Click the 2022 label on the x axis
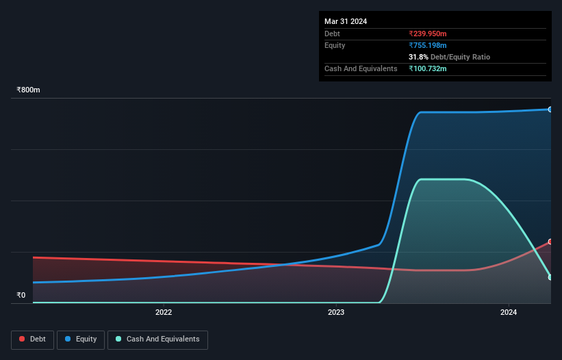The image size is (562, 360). (164, 312)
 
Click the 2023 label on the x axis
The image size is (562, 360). (336, 312)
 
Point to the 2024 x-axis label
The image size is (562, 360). (509, 312)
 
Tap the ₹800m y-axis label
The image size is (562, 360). (29, 90)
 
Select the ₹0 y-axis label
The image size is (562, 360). (21, 296)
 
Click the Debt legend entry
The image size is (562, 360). (32, 339)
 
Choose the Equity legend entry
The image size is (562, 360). (81, 339)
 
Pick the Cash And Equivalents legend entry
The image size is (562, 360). (157, 339)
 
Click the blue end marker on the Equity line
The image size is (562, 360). (550, 110)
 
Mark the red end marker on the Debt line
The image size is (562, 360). (550, 242)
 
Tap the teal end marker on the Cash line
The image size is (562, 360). (550, 277)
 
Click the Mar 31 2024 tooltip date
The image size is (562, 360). (346, 21)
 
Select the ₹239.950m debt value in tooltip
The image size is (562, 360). (428, 34)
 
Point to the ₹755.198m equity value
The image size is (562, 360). (428, 45)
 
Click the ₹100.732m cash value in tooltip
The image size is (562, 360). (428, 68)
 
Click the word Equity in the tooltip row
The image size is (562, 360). (335, 45)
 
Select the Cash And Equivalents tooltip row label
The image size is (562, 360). (361, 68)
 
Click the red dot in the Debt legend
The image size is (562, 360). (23, 339)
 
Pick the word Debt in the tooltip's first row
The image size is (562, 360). (332, 34)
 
